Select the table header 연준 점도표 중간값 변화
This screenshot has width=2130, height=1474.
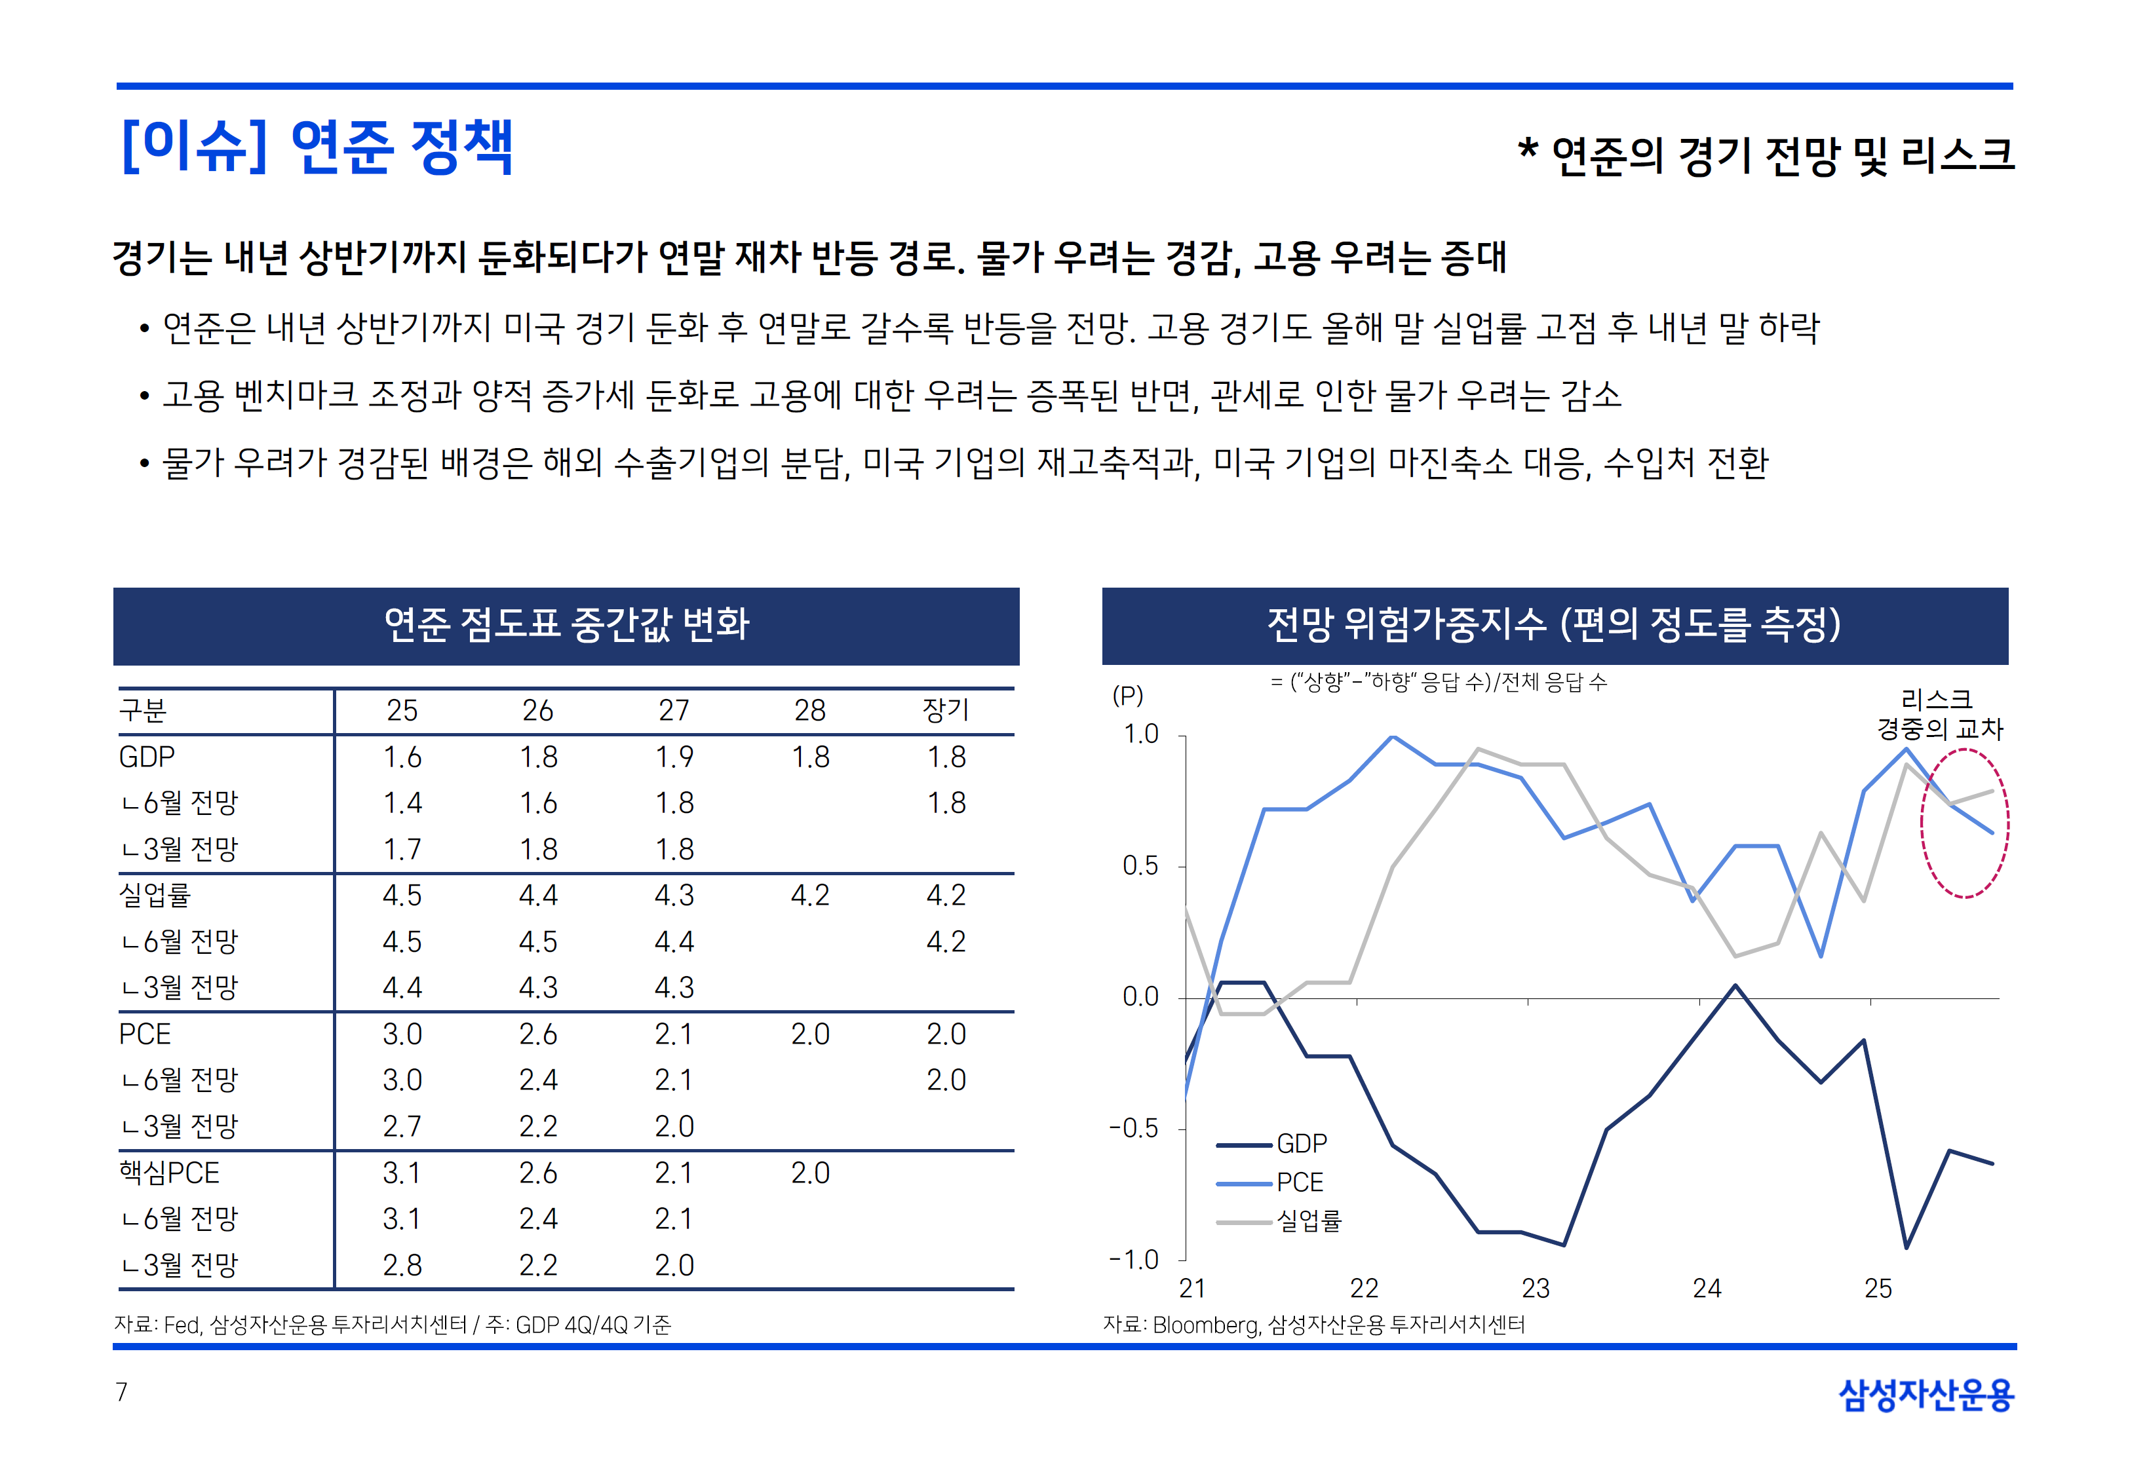tap(566, 624)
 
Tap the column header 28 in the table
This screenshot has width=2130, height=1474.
tap(809, 710)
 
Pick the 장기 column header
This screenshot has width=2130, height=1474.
tap(946, 710)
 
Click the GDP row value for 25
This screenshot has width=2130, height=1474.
tap(402, 757)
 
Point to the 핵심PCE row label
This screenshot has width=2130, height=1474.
tap(169, 1173)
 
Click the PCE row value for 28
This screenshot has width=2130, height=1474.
tap(809, 1034)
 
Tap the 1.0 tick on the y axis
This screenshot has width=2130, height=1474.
tap(1141, 735)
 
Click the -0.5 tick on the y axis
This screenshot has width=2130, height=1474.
tap(1135, 1129)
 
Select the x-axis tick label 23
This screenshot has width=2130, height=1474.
tap(1535, 1289)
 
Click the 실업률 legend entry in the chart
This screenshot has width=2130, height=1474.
tap(1309, 1221)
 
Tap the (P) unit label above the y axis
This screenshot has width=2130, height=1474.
tap(1128, 696)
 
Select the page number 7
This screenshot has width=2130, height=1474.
tap(122, 1392)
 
